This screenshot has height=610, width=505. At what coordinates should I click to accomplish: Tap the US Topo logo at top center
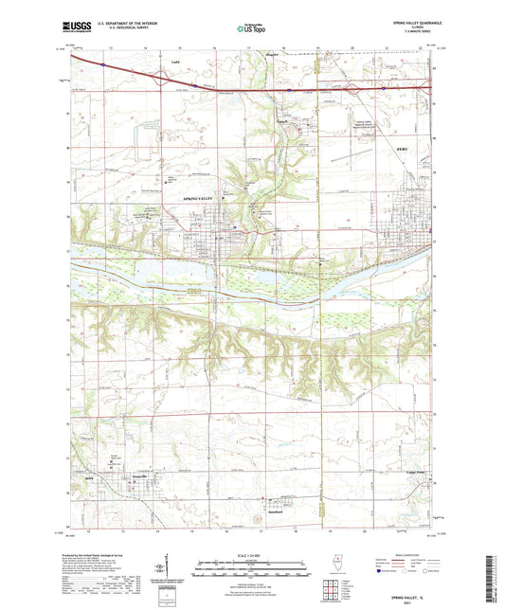pyautogui.click(x=248, y=28)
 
